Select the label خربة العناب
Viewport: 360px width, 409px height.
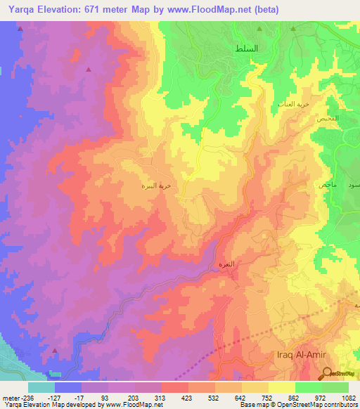(x=291, y=103)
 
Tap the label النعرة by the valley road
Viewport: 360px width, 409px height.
(x=223, y=266)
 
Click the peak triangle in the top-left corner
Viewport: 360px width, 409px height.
(x=20, y=30)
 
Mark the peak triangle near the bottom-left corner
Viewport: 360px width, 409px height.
(x=55, y=349)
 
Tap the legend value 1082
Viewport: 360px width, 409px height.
(x=349, y=396)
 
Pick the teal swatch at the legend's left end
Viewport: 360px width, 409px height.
(x=41, y=387)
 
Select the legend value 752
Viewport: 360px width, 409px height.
(x=269, y=396)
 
